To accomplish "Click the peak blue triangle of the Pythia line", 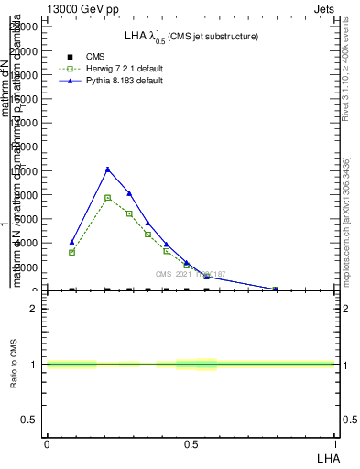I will [x=107, y=169].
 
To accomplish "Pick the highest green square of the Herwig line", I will [x=107, y=198].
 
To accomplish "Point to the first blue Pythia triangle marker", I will [x=71, y=242].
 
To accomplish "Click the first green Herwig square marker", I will [x=71, y=252].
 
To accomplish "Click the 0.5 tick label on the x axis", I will [x=191, y=444].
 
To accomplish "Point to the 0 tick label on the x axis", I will [x=47, y=444].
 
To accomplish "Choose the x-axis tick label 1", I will [x=335, y=444].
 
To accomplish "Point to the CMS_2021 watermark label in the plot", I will [x=190, y=274].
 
